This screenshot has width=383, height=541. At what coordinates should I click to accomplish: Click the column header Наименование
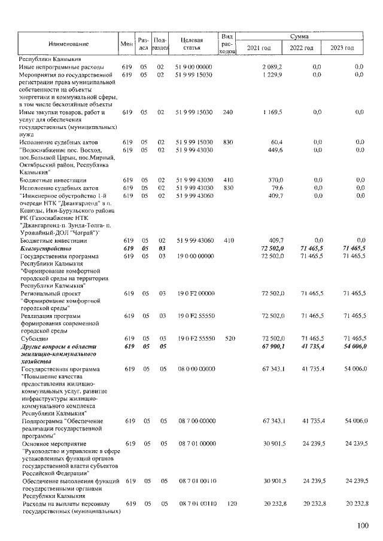(x=65, y=44)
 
